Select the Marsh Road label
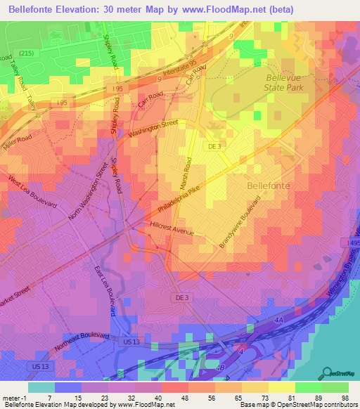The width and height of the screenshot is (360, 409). click(188, 176)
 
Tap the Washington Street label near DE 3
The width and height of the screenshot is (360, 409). click(153, 129)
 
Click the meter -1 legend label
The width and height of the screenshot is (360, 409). click(14, 398)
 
